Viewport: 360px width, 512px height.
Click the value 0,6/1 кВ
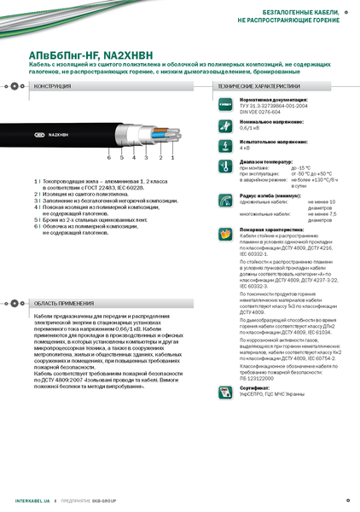(250, 128)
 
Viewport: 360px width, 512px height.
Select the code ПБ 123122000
(258, 377)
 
